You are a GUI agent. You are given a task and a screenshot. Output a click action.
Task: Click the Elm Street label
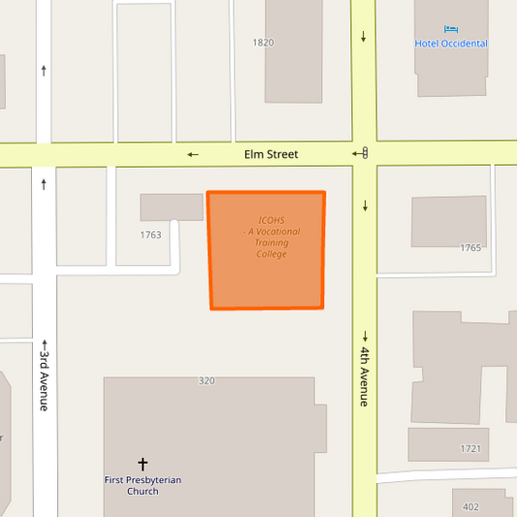271,154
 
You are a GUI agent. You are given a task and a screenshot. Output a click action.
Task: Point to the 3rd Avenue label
44,379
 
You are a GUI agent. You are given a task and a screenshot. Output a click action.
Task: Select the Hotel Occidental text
451,44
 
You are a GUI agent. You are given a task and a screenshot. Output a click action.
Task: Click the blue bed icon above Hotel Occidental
450,29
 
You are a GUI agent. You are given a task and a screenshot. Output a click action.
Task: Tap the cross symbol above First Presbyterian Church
143,465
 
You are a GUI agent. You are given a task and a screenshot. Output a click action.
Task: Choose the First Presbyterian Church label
143,485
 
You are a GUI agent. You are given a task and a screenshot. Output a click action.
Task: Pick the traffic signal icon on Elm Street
365,152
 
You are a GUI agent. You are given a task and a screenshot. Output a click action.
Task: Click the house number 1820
263,43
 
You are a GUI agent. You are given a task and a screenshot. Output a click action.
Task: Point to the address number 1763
150,234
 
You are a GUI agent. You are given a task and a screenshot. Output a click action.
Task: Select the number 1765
470,247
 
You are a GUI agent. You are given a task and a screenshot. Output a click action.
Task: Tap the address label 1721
470,448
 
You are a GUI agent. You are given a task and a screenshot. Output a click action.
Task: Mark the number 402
471,506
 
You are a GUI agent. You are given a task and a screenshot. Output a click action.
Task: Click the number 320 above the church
206,381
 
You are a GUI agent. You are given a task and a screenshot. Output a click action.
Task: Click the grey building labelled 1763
172,207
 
